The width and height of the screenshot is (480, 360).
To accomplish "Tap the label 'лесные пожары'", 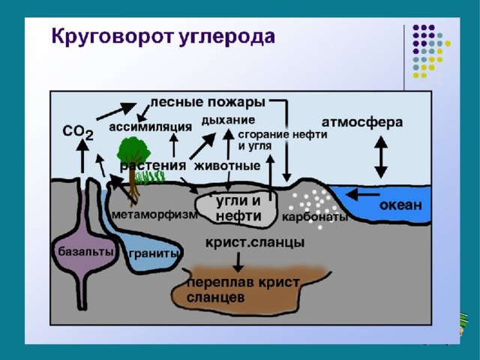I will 208,101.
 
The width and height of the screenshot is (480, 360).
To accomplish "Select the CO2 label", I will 78,132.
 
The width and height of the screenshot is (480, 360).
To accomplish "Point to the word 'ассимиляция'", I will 150,126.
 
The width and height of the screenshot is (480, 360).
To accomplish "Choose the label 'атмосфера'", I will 362,121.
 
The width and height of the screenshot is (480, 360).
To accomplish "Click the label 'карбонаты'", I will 315,217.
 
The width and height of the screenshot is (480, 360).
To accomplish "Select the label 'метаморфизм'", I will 154,214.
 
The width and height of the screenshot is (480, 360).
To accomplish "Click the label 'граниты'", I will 154,253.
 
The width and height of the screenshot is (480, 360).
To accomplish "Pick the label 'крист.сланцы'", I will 255,243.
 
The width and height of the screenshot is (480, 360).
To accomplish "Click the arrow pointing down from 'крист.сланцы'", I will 238,261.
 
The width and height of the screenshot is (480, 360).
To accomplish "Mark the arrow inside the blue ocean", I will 364,194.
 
